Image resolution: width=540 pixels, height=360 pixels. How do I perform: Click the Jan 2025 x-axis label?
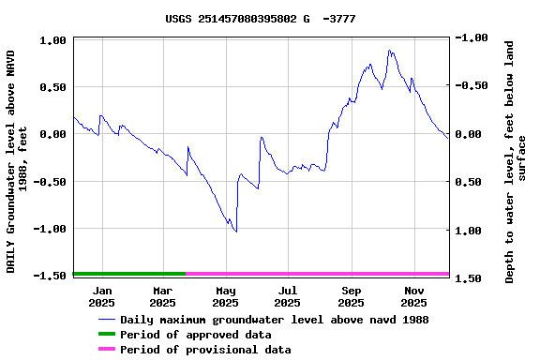(x=102, y=296)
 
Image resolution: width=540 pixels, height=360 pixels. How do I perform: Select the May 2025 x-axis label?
(x=225, y=296)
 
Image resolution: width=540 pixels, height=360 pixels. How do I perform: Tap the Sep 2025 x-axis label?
(x=351, y=296)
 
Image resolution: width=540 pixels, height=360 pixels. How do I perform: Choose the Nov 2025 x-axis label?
(x=413, y=296)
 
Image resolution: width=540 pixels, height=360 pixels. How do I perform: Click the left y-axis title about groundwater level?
(x=17, y=161)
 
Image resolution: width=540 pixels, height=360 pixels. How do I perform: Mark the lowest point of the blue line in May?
(x=236, y=232)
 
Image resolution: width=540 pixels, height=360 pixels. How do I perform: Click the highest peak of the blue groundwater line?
(x=389, y=51)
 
